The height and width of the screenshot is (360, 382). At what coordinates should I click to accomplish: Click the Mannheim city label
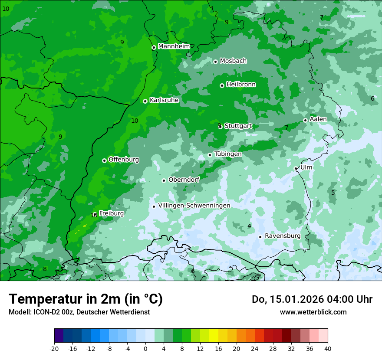click(x=174, y=46)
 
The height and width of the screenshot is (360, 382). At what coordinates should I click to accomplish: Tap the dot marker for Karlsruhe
click(x=145, y=101)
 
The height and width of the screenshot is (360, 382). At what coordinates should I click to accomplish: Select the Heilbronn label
click(x=241, y=85)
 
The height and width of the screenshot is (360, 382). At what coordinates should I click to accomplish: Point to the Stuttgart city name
click(x=238, y=126)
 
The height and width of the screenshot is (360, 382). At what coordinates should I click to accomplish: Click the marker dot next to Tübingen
click(x=210, y=155)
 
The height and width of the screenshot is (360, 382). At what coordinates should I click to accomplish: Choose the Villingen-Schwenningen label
click(x=194, y=206)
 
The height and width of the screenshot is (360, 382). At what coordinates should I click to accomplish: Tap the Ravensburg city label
click(x=282, y=236)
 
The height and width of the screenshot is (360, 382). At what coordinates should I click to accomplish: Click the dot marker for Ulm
click(x=296, y=168)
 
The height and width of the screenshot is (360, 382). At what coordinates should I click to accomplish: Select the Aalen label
click(x=318, y=119)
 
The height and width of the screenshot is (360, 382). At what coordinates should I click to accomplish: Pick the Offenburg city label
click(x=124, y=160)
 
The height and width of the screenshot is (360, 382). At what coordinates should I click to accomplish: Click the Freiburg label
click(x=111, y=213)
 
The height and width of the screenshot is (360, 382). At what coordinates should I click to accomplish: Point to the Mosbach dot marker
click(x=215, y=62)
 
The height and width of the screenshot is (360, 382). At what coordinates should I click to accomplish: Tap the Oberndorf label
click(x=184, y=180)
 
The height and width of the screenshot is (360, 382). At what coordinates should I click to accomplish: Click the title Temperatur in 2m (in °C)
click(x=86, y=299)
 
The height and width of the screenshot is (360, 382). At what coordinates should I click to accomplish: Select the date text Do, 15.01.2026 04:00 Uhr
click(x=312, y=299)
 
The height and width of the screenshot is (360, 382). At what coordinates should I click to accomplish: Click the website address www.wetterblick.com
click(x=313, y=312)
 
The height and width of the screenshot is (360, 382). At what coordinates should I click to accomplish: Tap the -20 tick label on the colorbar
click(x=54, y=348)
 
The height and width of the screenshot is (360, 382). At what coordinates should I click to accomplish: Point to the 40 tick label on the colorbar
click(x=327, y=348)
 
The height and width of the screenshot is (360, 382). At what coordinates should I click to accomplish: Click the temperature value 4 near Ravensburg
click(x=249, y=226)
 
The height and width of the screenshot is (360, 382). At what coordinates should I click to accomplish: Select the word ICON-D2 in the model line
click(x=43, y=312)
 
